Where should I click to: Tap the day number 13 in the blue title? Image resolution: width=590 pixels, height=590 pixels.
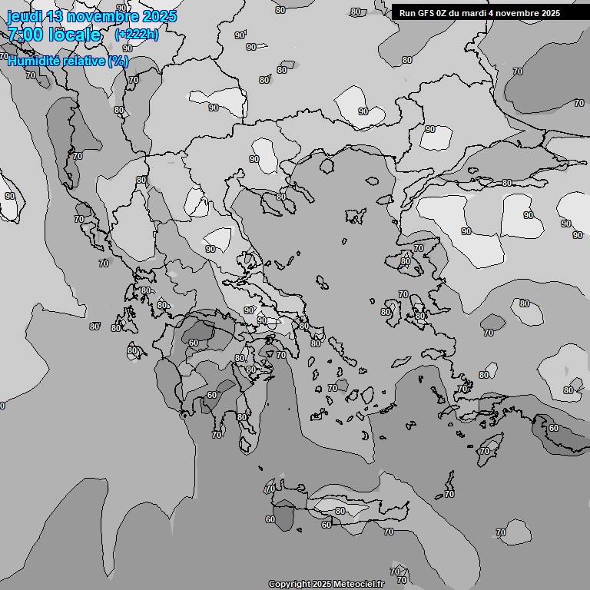(x=55, y=16)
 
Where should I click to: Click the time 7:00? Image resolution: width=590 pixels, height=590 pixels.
(x=24, y=35)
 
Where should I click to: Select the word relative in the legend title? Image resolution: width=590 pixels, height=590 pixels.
(x=85, y=61)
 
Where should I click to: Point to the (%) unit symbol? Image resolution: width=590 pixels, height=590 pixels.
(x=118, y=61)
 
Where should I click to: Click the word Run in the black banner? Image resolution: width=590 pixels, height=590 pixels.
(x=407, y=13)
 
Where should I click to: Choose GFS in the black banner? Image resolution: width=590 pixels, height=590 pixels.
(x=426, y=13)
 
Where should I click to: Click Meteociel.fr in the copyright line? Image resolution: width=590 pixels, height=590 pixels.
(x=358, y=585)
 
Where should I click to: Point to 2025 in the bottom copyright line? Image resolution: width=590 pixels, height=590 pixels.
(x=321, y=585)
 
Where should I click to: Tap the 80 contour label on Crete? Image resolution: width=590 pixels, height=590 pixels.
(x=340, y=511)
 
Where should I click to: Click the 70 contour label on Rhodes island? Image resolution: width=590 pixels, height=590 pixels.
(x=484, y=451)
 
